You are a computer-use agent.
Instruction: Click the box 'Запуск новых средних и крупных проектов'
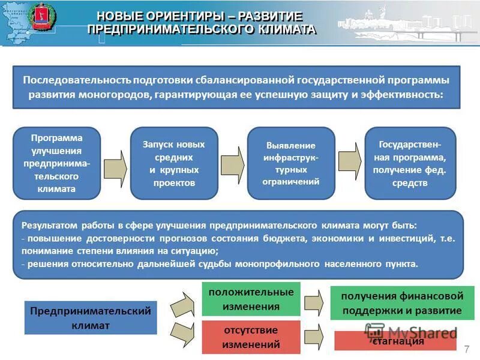point(173,163)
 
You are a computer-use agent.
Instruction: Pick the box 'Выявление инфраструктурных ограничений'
point(291,163)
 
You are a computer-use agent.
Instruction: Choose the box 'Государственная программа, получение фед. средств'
point(410,163)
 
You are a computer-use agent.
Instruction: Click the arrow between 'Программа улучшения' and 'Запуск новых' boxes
point(115,163)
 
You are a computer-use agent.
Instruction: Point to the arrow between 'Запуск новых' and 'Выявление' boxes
point(233,163)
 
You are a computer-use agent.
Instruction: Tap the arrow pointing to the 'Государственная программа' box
point(350,162)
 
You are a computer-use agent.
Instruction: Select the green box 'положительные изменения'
point(251,299)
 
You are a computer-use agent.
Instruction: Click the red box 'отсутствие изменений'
point(251,337)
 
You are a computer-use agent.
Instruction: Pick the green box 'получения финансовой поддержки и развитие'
point(401,303)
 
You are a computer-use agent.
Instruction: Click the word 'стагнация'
point(398,341)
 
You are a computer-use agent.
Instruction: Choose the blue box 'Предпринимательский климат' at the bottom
point(91,317)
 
